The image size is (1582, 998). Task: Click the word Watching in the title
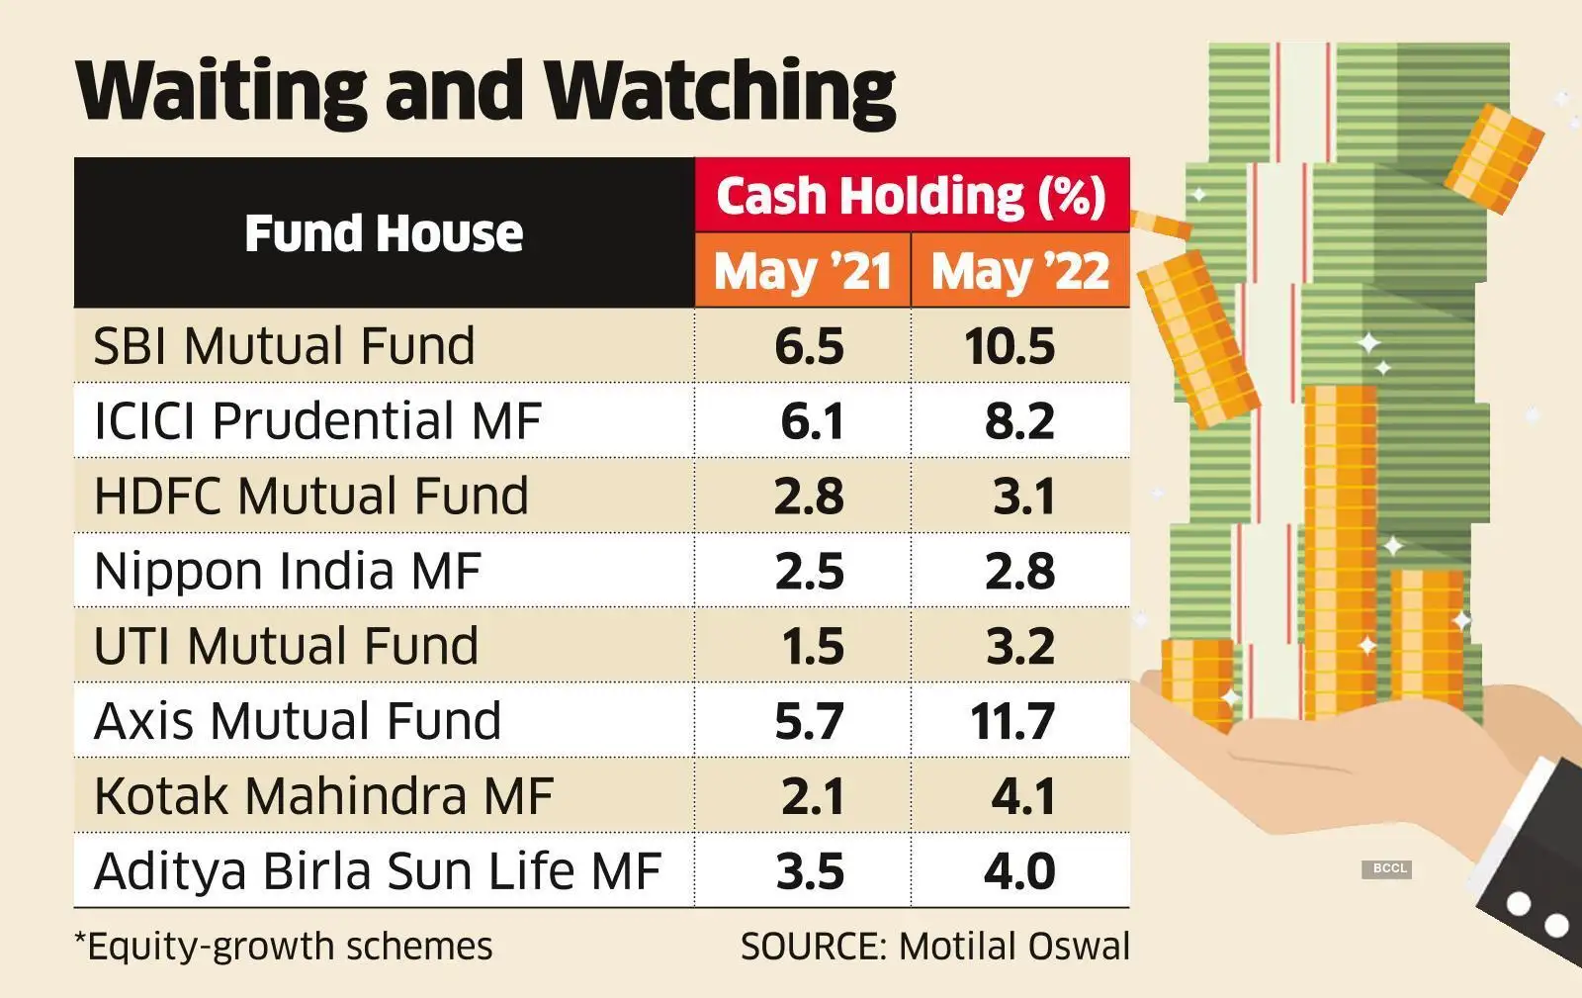pyautogui.click(x=721, y=91)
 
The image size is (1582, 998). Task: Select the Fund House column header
pyautogui.click(x=384, y=233)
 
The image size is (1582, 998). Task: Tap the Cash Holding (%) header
pyautogui.click(x=911, y=196)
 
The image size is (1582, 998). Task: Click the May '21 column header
pyautogui.click(x=803, y=271)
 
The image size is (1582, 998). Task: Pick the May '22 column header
pyautogui.click(x=1019, y=271)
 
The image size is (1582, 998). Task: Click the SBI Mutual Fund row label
pyautogui.click(x=284, y=346)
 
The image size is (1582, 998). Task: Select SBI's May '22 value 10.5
pyautogui.click(x=1011, y=347)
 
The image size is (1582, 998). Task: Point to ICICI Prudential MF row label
pyautogui.click(x=317, y=421)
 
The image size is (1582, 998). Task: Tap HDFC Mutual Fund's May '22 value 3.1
pyautogui.click(x=1023, y=497)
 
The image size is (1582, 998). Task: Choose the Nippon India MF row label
pyautogui.click(x=287, y=572)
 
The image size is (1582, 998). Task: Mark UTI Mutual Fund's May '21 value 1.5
pyautogui.click(x=812, y=647)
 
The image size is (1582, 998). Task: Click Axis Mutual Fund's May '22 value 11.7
pyautogui.click(x=1011, y=721)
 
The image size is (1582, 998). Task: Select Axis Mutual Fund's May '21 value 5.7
pyautogui.click(x=809, y=721)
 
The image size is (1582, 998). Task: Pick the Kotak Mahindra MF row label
pyautogui.click(x=323, y=796)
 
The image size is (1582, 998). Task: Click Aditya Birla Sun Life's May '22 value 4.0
pyautogui.click(x=1019, y=871)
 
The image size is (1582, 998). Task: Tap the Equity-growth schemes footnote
pyautogui.click(x=284, y=947)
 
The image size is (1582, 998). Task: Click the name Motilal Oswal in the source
pyautogui.click(x=1014, y=947)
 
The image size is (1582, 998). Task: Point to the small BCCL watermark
pyautogui.click(x=1389, y=868)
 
